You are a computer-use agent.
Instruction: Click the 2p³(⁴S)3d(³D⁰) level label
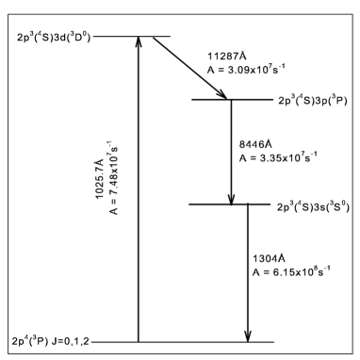(x=52, y=38)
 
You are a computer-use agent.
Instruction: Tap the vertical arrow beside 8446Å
(x=232, y=151)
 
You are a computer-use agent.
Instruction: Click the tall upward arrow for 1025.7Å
(x=139, y=188)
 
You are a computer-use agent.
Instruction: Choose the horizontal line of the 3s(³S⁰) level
(x=230, y=205)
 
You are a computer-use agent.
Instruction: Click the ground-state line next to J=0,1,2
(x=188, y=341)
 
